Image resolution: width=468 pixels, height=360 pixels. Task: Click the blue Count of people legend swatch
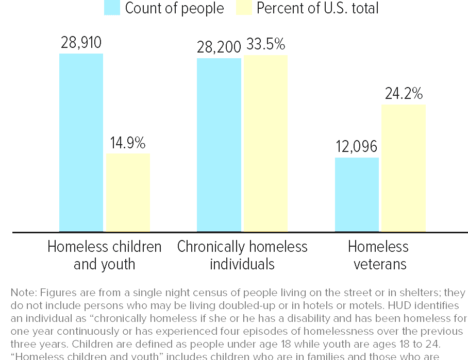click(x=112, y=8)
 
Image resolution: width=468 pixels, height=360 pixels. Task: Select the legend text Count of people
click(x=174, y=8)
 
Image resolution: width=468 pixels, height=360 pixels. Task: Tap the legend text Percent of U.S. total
click(x=317, y=8)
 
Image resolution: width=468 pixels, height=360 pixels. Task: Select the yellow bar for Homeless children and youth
click(x=128, y=193)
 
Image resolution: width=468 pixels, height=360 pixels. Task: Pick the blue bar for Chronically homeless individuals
click(x=219, y=145)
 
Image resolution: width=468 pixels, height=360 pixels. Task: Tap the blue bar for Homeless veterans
click(x=357, y=195)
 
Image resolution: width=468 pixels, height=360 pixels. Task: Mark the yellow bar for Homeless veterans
click(x=403, y=168)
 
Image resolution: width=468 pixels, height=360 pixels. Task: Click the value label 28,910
click(x=81, y=43)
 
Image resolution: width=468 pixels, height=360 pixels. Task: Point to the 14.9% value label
click(x=128, y=143)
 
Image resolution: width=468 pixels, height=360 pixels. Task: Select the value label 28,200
click(x=219, y=47)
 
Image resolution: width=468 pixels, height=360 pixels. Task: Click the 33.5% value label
click(x=265, y=45)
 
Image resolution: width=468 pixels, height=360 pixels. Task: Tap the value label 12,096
click(x=357, y=147)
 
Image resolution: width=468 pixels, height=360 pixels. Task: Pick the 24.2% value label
click(x=404, y=94)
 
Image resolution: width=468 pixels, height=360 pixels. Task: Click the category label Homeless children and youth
click(x=104, y=255)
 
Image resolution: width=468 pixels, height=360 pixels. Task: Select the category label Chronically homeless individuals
click(x=242, y=255)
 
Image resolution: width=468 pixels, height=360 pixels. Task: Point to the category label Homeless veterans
click(x=378, y=255)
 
